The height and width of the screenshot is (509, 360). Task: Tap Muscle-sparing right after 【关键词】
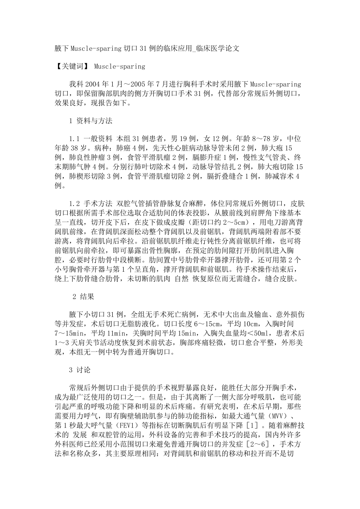pos(120,66)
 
